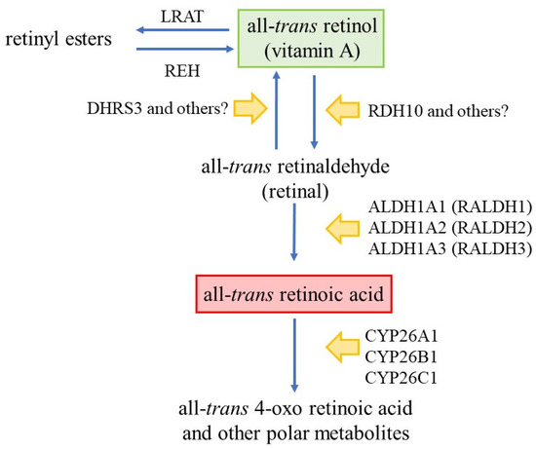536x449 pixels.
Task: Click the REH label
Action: click(x=183, y=70)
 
